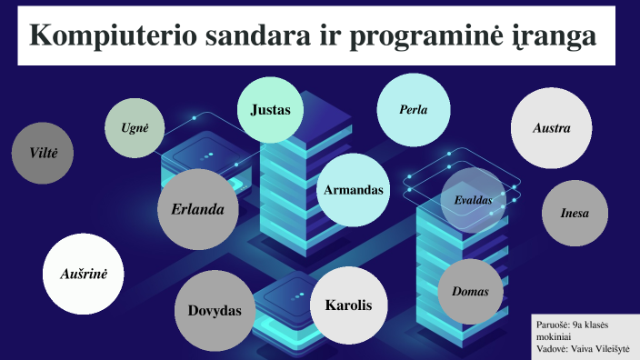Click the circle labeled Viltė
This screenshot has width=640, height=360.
(43, 153)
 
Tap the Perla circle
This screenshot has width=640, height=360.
(413, 110)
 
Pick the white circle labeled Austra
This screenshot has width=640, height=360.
(551, 128)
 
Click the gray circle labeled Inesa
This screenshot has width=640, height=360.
(575, 214)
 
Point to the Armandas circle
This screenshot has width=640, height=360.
(353, 190)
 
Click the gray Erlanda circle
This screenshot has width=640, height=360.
(197, 209)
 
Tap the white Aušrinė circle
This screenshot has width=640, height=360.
(83, 273)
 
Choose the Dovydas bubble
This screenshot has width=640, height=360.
(215, 311)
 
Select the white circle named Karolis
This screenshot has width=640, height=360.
(349, 305)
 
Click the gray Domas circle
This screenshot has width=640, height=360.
(470, 292)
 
